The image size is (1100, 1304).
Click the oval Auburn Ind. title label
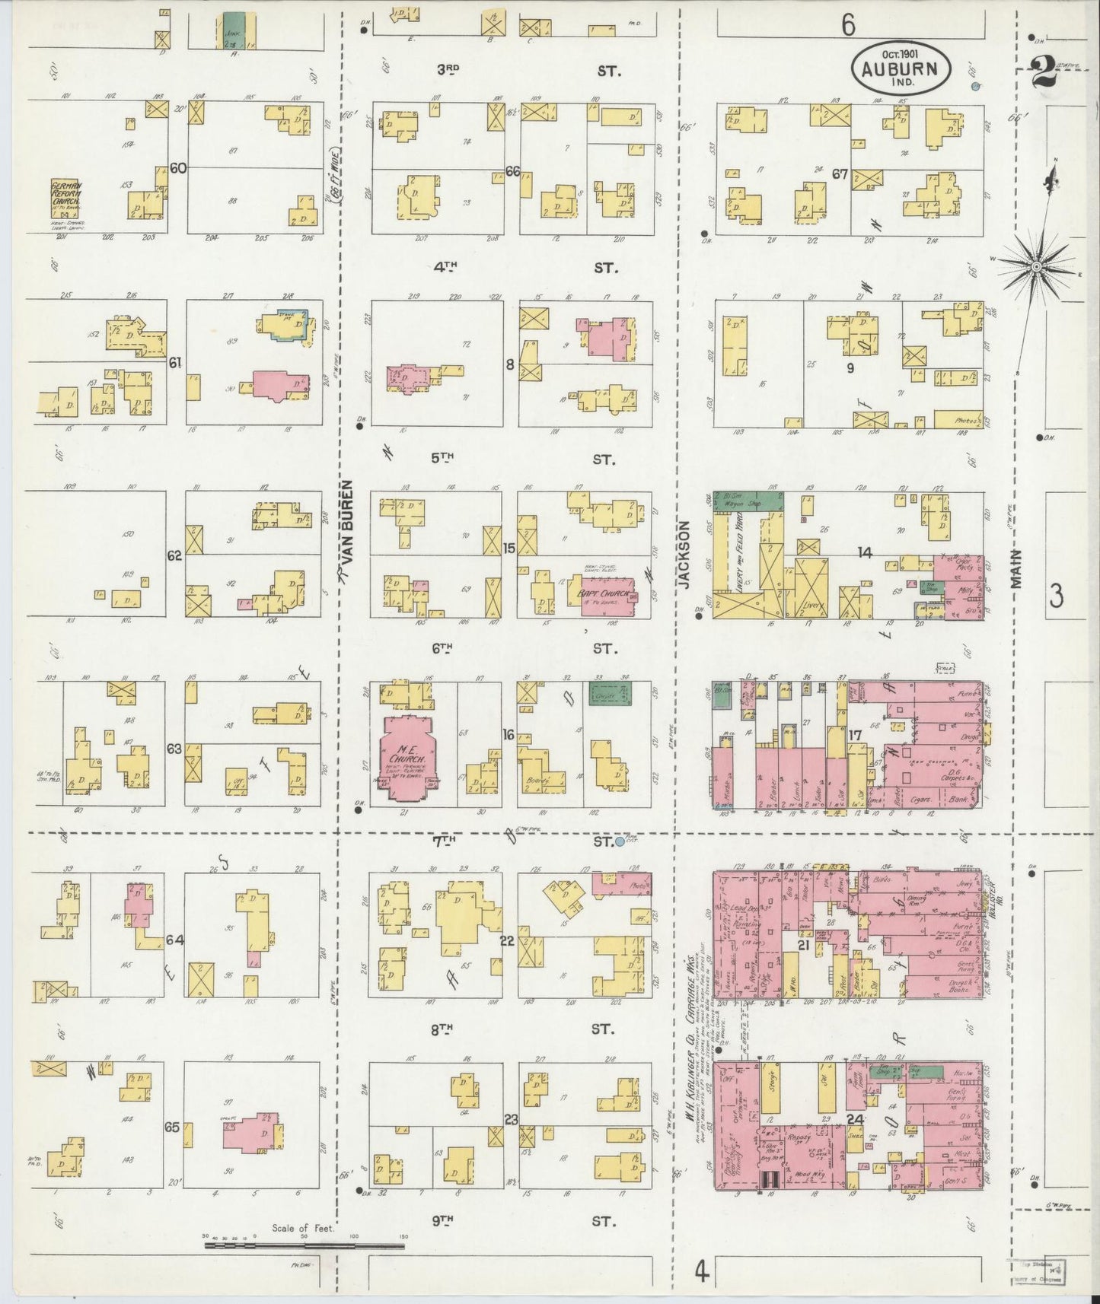(x=900, y=67)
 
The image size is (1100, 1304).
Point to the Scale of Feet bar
(x=304, y=1246)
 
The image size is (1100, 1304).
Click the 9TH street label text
(x=442, y=1220)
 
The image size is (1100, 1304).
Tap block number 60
(x=178, y=168)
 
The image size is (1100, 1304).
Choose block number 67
(x=840, y=173)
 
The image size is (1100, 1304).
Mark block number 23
(x=511, y=1119)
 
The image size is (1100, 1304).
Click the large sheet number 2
(x=1041, y=75)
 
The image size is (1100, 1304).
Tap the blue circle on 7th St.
(x=620, y=841)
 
